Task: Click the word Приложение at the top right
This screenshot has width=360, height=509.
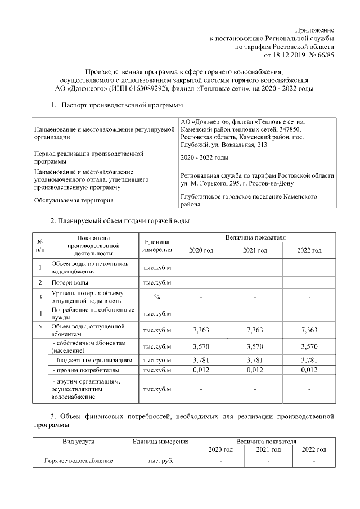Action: tap(315, 29)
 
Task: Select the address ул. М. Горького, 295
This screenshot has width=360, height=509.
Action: tap(224, 183)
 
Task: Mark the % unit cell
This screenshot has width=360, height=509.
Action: tap(157, 297)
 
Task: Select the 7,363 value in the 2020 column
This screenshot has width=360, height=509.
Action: tap(201, 330)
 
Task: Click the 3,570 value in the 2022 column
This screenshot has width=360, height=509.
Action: tap(309, 346)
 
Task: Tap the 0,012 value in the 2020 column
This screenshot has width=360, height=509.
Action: tap(201, 370)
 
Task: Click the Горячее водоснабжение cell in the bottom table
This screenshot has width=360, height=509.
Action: tap(79, 461)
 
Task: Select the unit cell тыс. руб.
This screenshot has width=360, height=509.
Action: tap(157, 461)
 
